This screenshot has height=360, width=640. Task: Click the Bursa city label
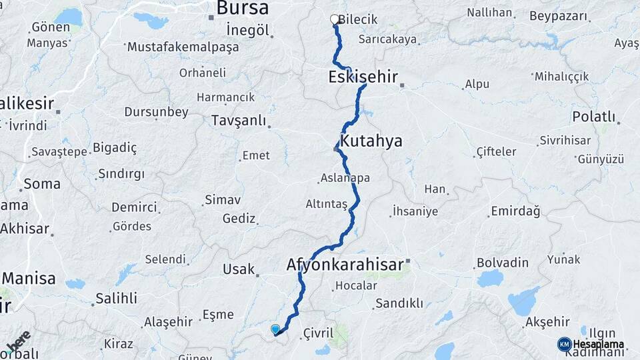(x=243, y=9)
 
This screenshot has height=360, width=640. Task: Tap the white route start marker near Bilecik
(x=335, y=19)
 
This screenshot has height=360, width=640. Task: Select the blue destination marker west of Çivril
(x=275, y=329)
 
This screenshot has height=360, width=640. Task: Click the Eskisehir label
(x=363, y=77)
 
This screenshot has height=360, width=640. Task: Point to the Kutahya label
(x=371, y=141)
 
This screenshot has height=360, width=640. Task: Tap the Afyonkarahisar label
(x=345, y=265)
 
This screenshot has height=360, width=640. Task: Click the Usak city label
(x=239, y=269)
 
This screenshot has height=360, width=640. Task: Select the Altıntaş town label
(x=326, y=204)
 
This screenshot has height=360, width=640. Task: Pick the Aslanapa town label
(x=345, y=178)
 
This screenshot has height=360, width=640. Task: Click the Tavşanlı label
(x=238, y=121)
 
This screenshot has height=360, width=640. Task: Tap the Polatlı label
(x=593, y=117)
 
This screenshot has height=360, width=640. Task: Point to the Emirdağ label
(x=515, y=211)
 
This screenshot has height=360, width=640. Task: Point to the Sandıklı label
(x=399, y=303)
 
